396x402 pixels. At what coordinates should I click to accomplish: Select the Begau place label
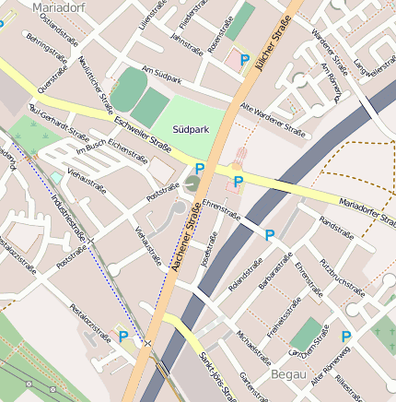[290, 374]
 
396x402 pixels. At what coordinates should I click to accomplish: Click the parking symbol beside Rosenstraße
[244, 60]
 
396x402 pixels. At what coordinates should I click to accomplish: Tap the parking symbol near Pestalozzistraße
[124, 337]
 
